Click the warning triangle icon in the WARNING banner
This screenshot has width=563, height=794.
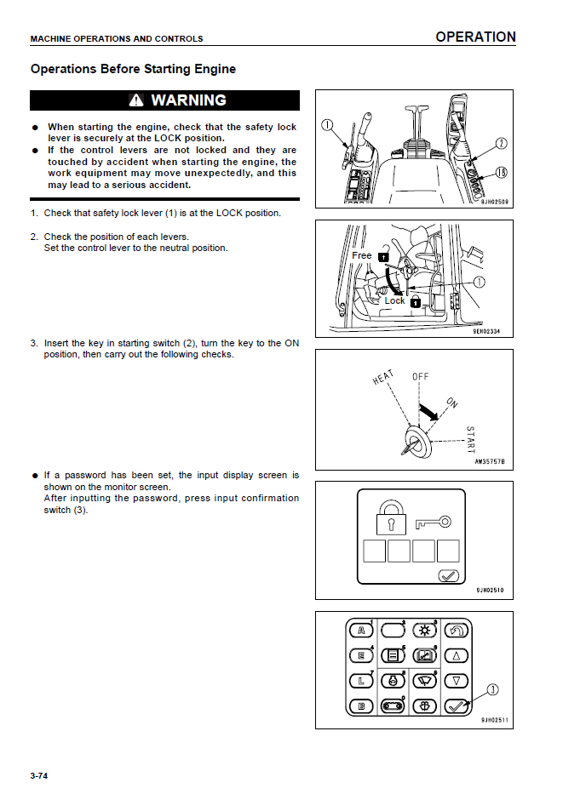point(136,100)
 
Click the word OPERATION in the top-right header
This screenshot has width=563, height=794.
point(475,37)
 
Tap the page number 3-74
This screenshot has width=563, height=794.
point(38,776)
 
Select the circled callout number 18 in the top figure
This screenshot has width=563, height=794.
point(501,173)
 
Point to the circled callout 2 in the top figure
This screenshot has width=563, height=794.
point(501,144)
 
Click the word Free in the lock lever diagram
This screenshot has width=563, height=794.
point(362,255)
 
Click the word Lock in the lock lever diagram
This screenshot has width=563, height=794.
point(394,300)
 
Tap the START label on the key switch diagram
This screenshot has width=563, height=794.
point(471,438)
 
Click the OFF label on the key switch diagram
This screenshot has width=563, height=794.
point(421,376)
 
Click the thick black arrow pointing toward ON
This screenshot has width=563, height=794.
point(433,412)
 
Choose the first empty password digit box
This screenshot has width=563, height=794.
point(375,551)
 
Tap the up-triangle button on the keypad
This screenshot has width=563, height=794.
point(457,655)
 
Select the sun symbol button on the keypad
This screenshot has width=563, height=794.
point(424,631)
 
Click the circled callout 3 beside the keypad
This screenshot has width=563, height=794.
point(491,690)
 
